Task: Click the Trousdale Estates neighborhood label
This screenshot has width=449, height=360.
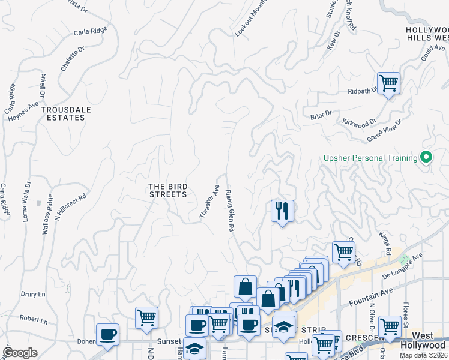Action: click(x=63, y=113)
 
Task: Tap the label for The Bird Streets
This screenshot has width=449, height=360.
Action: click(x=168, y=190)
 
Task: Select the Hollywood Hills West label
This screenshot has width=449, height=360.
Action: click(x=426, y=34)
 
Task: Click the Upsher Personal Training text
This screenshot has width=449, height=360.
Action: click(x=370, y=158)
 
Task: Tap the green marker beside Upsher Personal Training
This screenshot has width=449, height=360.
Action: click(x=427, y=158)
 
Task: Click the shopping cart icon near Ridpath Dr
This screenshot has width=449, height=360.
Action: click(x=388, y=83)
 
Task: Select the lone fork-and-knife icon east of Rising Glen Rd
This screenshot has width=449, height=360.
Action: click(x=282, y=211)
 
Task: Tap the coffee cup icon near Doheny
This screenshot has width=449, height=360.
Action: click(x=107, y=334)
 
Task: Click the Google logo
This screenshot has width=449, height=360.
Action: click(x=20, y=353)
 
